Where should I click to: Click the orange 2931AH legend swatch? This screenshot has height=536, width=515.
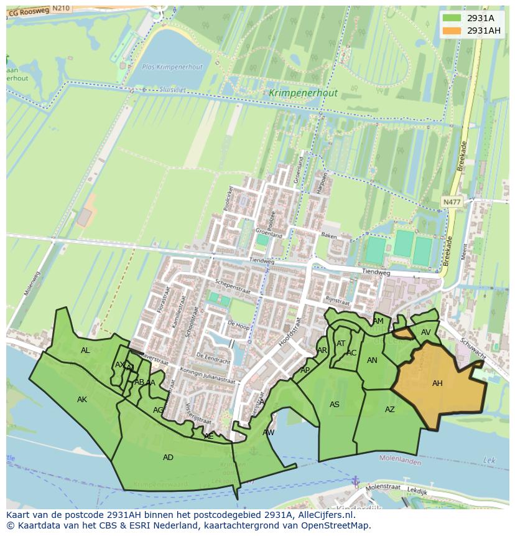coord(452,31)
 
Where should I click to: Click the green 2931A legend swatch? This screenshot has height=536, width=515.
coord(452,18)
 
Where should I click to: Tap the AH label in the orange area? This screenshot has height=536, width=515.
coord(437,383)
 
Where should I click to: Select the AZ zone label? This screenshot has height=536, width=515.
coord(389,410)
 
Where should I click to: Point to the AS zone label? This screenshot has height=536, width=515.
coord(335,405)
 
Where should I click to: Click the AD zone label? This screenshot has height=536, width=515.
coord(168,458)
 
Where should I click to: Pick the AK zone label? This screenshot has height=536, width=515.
coord(82,400)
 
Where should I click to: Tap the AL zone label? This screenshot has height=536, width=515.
coord(85,350)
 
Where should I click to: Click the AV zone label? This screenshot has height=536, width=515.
coord(425,332)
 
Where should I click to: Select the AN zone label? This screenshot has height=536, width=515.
coord(372,360)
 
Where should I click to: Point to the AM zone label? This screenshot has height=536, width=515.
coord(378,321)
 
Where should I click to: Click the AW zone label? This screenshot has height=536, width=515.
coord(268,432)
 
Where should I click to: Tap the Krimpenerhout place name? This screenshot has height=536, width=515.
coord(304,93)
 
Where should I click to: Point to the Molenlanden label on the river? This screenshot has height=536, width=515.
coord(399,458)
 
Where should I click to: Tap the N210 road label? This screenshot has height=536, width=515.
coord(61,8)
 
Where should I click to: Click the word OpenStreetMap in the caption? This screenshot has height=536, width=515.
coord(335,525)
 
